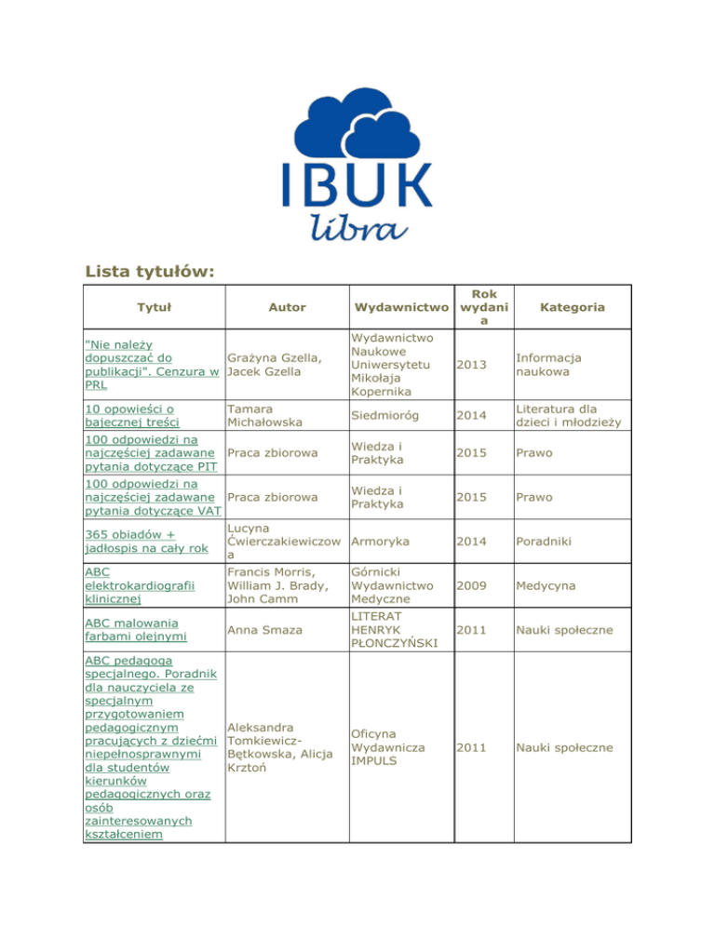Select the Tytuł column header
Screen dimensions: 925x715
tap(149, 306)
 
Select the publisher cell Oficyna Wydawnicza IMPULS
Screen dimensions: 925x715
tap(388, 747)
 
